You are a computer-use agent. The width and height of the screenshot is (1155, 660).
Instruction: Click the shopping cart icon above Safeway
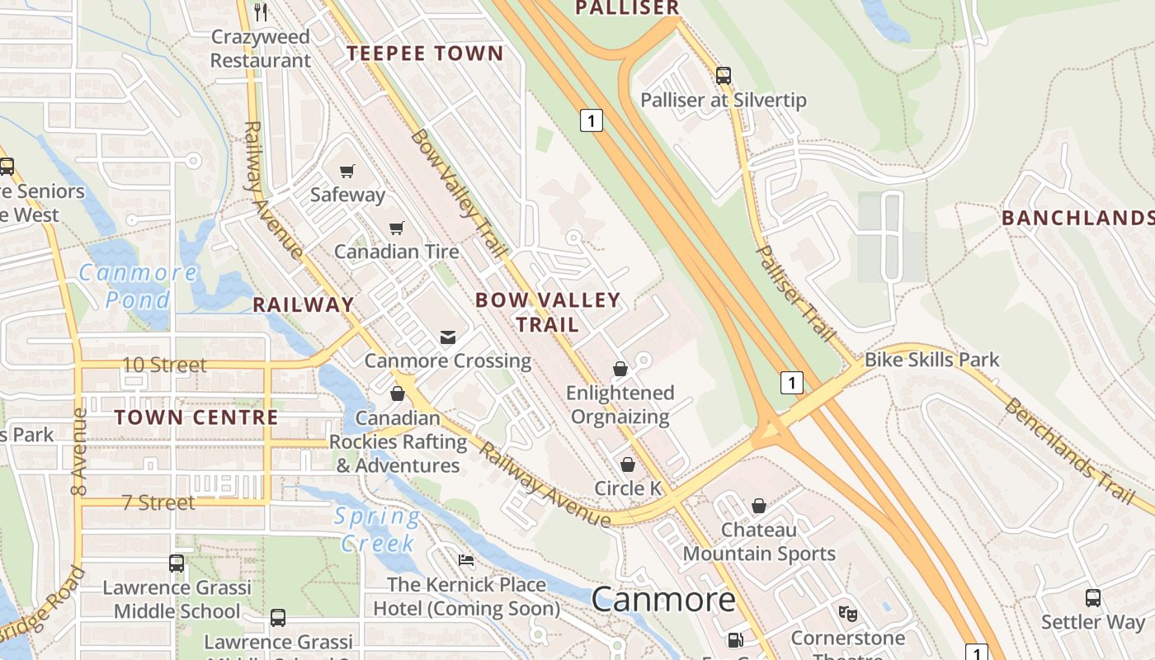pos(347,171)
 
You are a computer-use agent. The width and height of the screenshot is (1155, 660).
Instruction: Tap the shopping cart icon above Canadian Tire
pos(397,228)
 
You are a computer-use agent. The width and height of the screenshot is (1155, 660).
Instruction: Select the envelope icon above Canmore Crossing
pos(448,337)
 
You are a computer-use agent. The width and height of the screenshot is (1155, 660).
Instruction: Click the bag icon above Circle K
pos(628,464)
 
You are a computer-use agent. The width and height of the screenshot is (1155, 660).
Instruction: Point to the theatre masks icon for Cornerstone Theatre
pos(848,614)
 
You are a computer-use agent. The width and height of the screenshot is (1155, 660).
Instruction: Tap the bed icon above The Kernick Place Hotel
pos(466,561)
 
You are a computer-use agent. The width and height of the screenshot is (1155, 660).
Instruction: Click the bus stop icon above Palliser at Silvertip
pos(724,76)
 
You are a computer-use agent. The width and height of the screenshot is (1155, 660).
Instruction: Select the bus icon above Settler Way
pos(1093,598)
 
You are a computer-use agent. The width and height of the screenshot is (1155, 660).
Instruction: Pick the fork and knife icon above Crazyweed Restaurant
pos(261,12)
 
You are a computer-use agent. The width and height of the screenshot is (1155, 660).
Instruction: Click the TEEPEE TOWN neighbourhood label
pos(425,54)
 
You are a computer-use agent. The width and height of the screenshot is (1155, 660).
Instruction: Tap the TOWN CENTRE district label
pos(196,417)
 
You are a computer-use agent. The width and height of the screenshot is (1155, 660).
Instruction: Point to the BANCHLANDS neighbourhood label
pos(1077,218)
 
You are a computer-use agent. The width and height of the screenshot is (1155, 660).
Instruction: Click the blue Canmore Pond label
pos(138,285)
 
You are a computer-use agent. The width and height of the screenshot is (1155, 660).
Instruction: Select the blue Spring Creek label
pos(377,530)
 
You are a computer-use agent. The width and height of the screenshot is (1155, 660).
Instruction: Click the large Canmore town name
pos(663,599)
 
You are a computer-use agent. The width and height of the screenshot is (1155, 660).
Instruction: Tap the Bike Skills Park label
pos(931,360)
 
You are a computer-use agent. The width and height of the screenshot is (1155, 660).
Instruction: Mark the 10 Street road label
pos(164,365)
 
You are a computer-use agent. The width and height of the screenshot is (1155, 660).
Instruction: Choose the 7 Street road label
pos(158,502)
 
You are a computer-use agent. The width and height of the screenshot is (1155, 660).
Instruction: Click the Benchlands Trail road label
pos(1070,450)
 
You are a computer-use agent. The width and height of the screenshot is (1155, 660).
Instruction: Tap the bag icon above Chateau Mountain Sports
pos(759,506)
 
